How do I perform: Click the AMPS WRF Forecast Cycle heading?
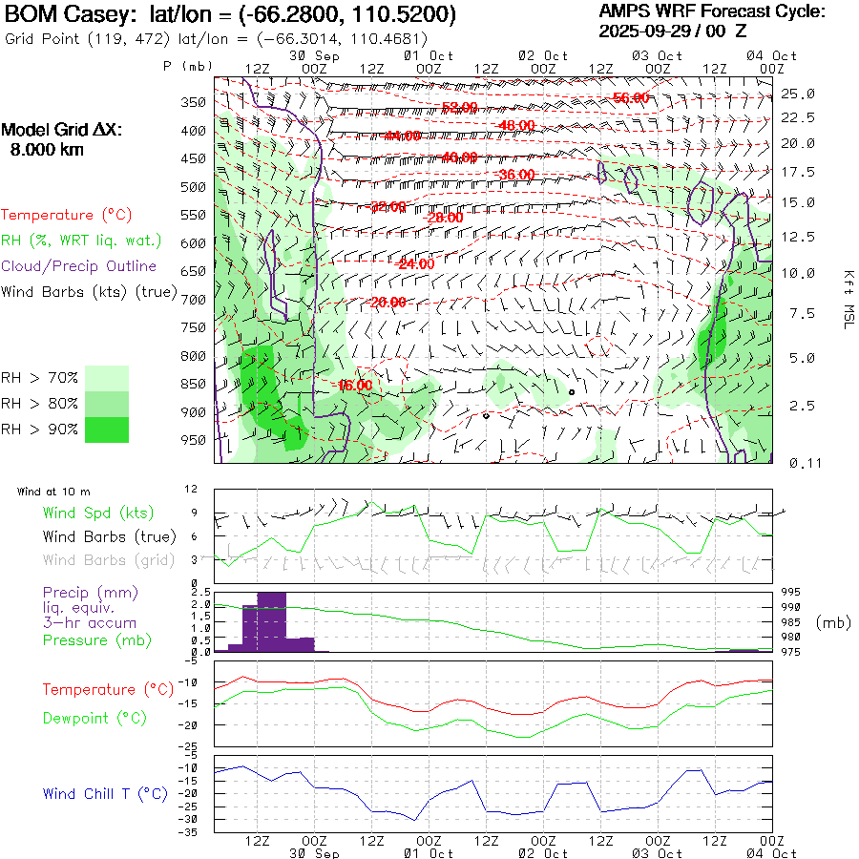click(711, 11)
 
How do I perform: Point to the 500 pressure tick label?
click(193, 187)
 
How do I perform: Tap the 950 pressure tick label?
click(193, 441)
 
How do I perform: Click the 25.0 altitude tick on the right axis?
click(797, 94)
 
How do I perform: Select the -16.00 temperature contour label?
click(355, 386)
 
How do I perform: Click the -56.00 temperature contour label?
click(631, 98)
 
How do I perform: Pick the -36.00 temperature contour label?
click(516, 175)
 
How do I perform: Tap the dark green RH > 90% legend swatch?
click(107, 429)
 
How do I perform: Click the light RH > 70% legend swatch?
click(107, 378)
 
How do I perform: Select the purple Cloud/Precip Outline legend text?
click(79, 266)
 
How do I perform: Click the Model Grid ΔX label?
click(62, 131)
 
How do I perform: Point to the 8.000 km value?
click(46, 150)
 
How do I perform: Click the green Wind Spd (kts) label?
click(97, 513)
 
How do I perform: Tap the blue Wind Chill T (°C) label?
click(104, 794)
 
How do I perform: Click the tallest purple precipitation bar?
click(271, 621)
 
